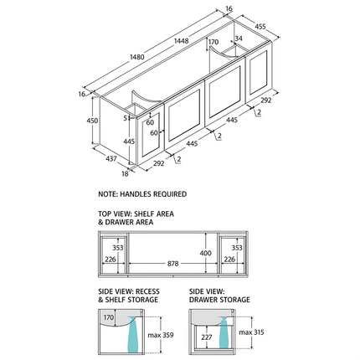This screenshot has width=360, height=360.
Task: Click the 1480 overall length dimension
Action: pyautogui.click(x=137, y=57)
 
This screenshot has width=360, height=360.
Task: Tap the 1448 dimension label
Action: pyautogui.click(x=182, y=41)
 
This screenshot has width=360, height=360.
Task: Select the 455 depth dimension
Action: pyautogui.click(x=260, y=27)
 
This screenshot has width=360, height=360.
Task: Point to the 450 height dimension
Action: pyautogui.click(x=92, y=121)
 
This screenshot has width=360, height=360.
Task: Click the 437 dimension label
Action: pyautogui.click(x=111, y=158)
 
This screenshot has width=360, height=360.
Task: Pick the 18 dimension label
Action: pyautogui.click(x=125, y=173)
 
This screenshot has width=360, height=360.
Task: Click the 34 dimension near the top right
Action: pyautogui.click(x=239, y=39)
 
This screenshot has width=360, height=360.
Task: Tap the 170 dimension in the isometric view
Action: pyautogui.click(x=213, y=42)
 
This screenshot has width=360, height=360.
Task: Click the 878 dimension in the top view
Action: pyautogui.click(x=173, y=264)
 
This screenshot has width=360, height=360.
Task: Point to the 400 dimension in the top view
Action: pyautogui.click(x=205, y=253)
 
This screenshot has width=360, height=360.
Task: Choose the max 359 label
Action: pyautogui.click(x=161, y=335)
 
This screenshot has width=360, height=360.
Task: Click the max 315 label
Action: pyautogui.click(x=251, y=332)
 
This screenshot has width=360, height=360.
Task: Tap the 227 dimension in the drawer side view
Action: pyautogui.click(x=207, y=337)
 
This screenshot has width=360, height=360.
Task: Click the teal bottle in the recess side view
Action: pyautogui.click(x=132, y=334)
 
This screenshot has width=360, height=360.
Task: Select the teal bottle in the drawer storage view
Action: pyautogui.click(x=224, y=332)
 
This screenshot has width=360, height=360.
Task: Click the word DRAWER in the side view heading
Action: pyautogui.click(x=201, y=300)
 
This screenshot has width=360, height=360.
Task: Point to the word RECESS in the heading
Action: pyautogui.click(x=147, y=291)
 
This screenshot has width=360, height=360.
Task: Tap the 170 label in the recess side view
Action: pyautogui.click(x=109, y=317)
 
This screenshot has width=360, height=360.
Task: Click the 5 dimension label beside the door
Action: pyautogui.click(x=126, y=118)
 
